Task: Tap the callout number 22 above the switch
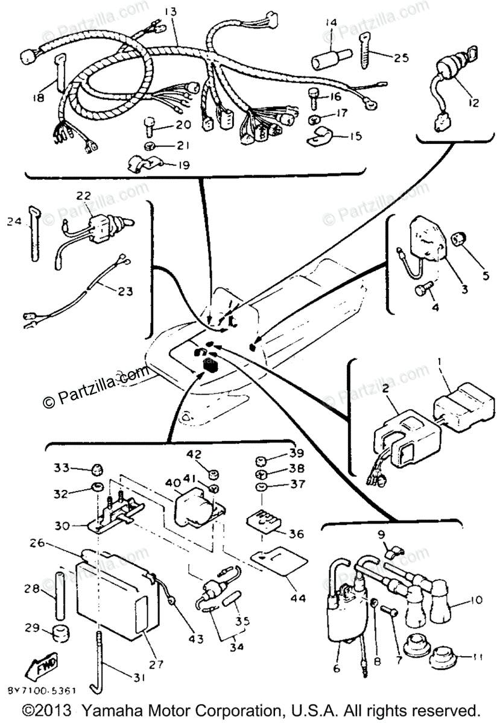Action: [84, 196]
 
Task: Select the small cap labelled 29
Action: [57, 633]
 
